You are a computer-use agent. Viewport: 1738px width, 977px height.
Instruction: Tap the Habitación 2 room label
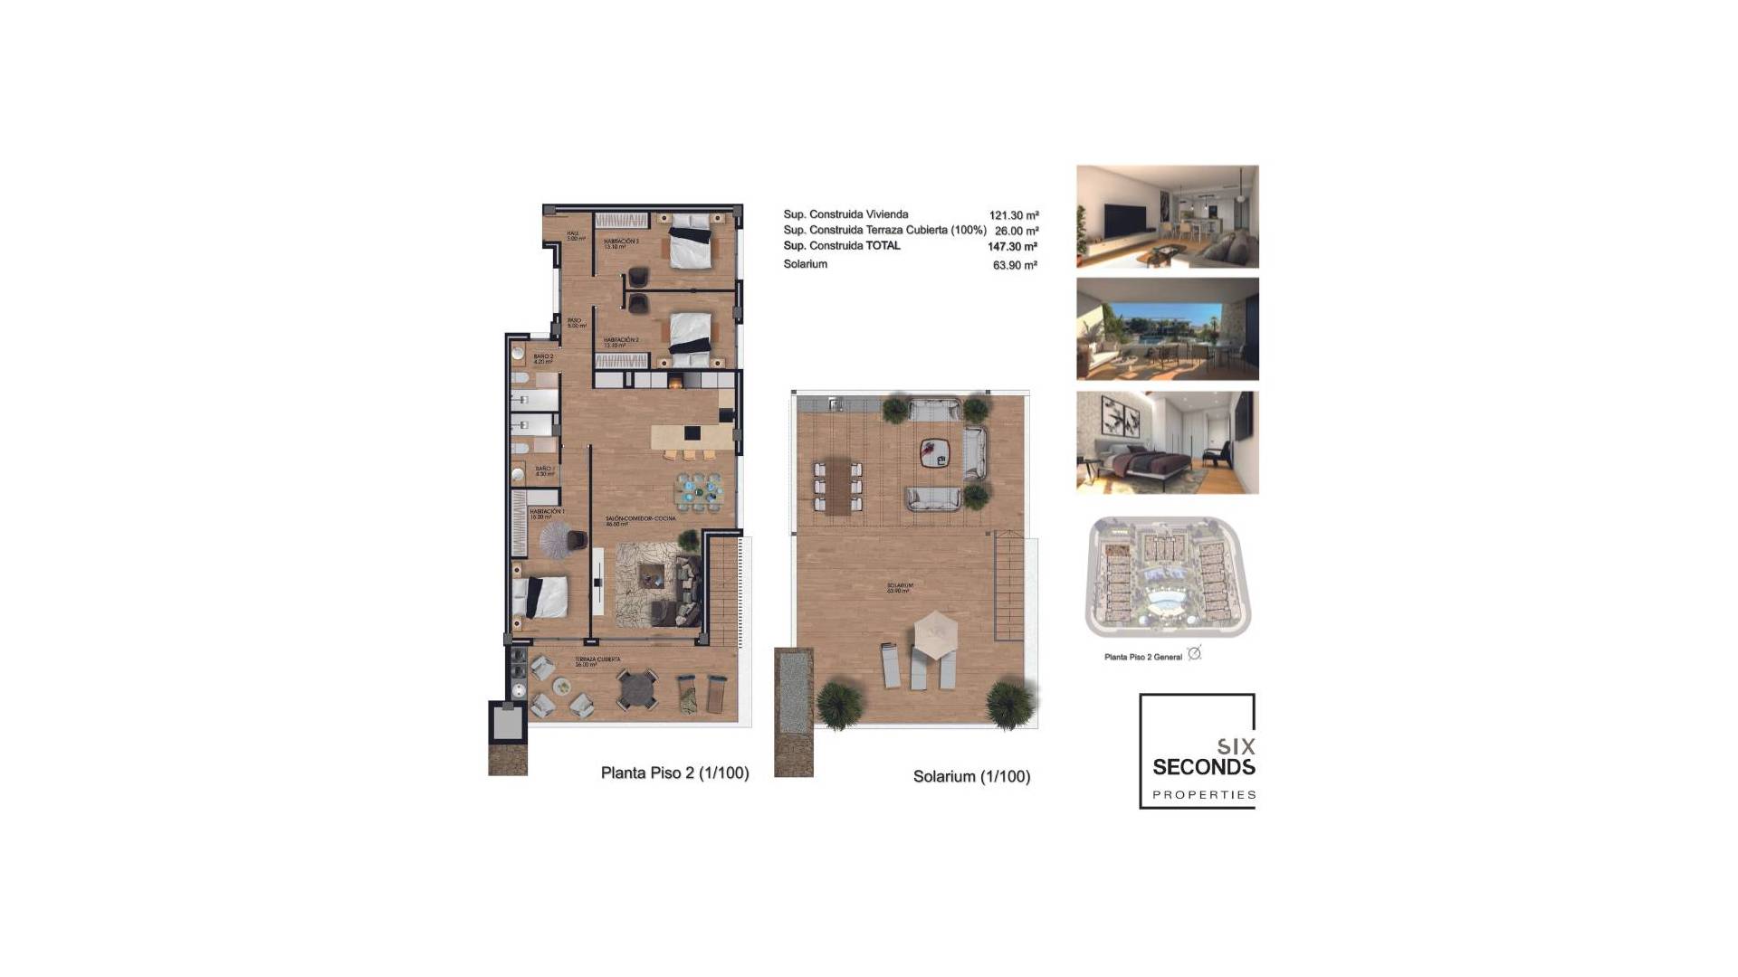(x=621, y=342)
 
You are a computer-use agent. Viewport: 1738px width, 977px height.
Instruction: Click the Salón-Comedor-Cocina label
(x=628, y=521)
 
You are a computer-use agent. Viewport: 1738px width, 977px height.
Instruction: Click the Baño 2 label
(x=543, y=358)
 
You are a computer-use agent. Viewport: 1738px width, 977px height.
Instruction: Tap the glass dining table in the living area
(x=700, y=491)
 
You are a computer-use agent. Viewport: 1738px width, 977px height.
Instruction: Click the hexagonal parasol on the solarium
(x=935, y=632)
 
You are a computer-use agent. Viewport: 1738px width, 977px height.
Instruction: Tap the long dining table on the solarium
(x=838, y=486)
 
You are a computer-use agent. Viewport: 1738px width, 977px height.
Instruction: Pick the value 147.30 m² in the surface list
(x=1012, y=247)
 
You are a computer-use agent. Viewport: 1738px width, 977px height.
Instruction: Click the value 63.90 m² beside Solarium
(x=1014, y=265)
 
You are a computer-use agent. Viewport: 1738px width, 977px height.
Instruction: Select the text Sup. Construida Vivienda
(x=845, y=214)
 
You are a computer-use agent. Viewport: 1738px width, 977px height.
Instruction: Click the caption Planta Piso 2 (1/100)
(x=674, y=773)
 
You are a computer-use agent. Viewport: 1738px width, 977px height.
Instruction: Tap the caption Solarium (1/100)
(x=971, y=776)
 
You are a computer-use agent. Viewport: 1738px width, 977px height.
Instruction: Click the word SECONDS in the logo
(x=1203, y=767)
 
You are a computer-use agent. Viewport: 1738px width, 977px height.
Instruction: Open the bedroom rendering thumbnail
(x=1167, y=442)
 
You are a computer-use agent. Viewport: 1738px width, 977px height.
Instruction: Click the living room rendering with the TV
(x=1167, y=216)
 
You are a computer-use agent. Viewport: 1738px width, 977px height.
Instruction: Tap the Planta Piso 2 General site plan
(x=1167, y=577)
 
